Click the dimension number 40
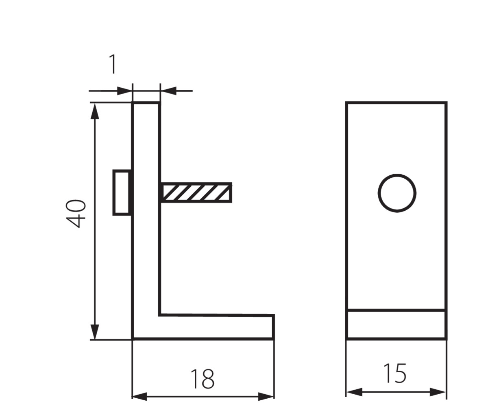76,213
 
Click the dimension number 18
203,379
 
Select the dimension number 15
395,374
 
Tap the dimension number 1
113,64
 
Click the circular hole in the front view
397,193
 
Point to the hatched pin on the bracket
196,193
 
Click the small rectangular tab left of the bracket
122,192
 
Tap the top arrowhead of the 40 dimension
95,111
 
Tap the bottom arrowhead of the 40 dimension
95,332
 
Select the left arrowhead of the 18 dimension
140,396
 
